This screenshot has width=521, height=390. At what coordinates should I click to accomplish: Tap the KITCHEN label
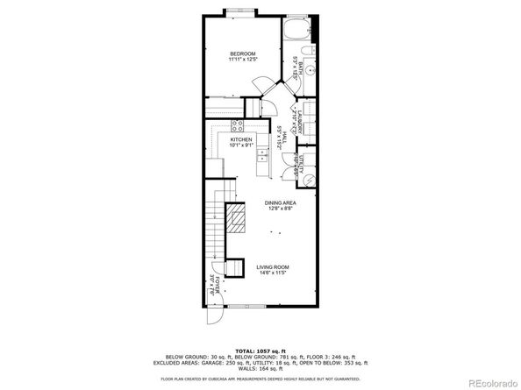point(241,140)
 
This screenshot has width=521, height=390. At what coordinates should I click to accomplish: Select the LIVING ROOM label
point(272,266)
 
